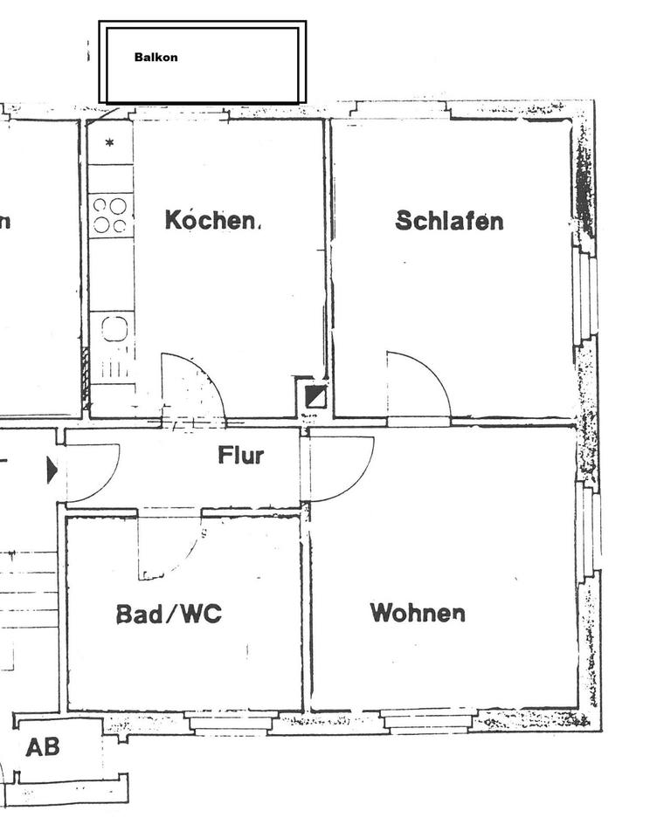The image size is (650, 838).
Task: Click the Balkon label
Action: click(x=156, y=58)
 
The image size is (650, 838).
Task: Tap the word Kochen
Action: click(x=211, y=220)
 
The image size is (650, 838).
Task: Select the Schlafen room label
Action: click(x=449, y=220)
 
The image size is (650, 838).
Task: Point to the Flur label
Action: click(x=240, y=455)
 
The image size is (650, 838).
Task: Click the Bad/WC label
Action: click(x=169, y=614)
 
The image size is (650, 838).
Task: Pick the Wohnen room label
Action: click(x=417, y=612)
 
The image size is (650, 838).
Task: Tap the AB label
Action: click(x=42, y=747)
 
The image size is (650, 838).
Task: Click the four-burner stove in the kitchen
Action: click(x=110, y=215)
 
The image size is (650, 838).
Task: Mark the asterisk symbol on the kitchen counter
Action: click(x=110, y=142)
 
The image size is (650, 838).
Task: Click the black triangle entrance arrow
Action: click(x=52, y=471)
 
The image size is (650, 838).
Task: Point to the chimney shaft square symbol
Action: click(x=315, y=397)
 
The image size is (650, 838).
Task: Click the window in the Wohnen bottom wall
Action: click(x=428, y=720)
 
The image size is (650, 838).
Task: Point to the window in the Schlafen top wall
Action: click(x=401, y=110)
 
